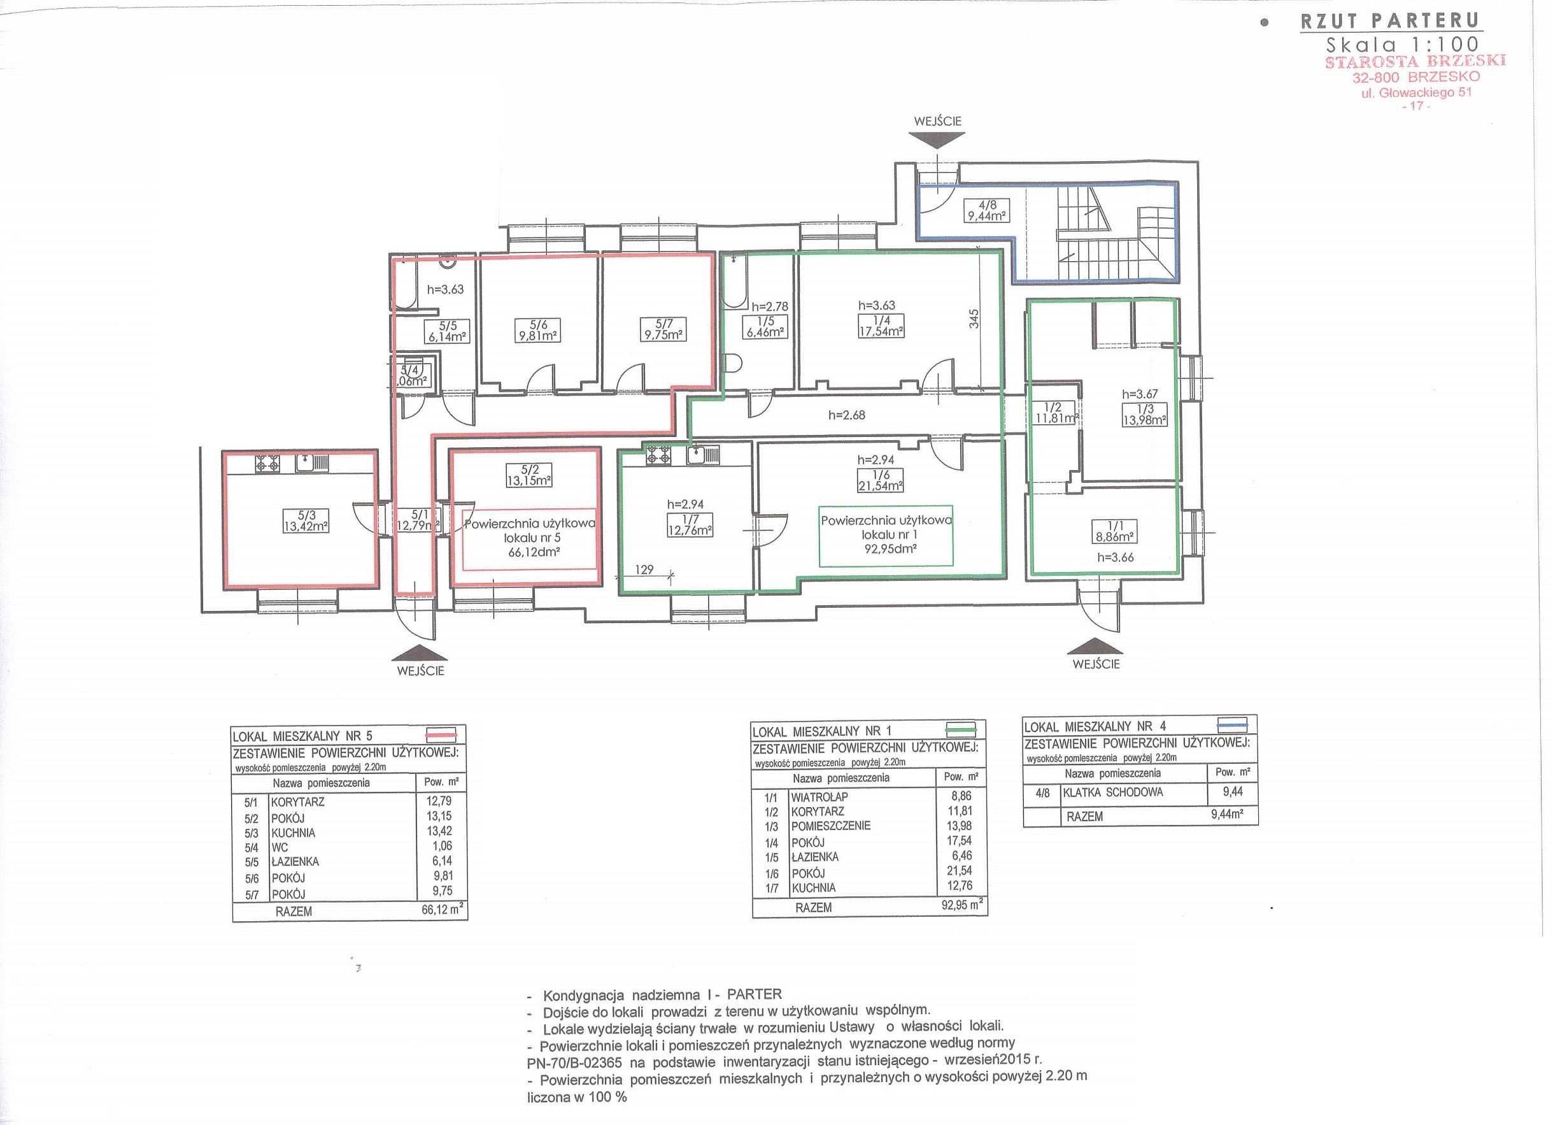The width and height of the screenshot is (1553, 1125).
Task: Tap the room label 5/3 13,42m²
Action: tap(306, 520)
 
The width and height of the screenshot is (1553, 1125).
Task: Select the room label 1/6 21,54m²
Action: tap(881, 480)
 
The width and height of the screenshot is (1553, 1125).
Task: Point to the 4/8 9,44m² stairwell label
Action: tap(986, 210)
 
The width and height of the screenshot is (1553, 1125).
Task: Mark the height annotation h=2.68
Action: tap(846, 415)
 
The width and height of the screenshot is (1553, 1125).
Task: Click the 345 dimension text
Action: tap(974, 319)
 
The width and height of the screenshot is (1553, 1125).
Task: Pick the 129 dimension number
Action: tap(644, 570)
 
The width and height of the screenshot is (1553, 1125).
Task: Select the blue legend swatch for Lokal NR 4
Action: tap(1233, 725)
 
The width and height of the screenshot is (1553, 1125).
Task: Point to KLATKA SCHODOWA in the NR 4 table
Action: tap(1113, 792)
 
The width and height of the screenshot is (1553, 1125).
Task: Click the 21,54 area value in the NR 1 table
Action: tap(960, 870)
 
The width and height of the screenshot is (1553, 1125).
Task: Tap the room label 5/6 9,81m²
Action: tap(537, 330)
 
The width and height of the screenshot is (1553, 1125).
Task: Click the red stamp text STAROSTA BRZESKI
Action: tap(1415, 61)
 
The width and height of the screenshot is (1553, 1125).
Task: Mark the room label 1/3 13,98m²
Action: tap(1144, 415)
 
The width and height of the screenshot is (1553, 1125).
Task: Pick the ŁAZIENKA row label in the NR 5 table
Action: tap(295, 862)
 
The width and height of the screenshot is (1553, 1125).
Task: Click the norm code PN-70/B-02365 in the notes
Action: tap(574, 1063)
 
